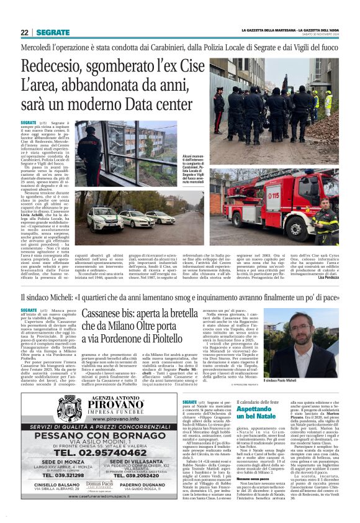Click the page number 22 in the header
click(24, 32)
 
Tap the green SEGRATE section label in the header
click(53, 32)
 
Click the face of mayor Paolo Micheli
click(316, 332)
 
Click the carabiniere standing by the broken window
click(88, 154)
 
